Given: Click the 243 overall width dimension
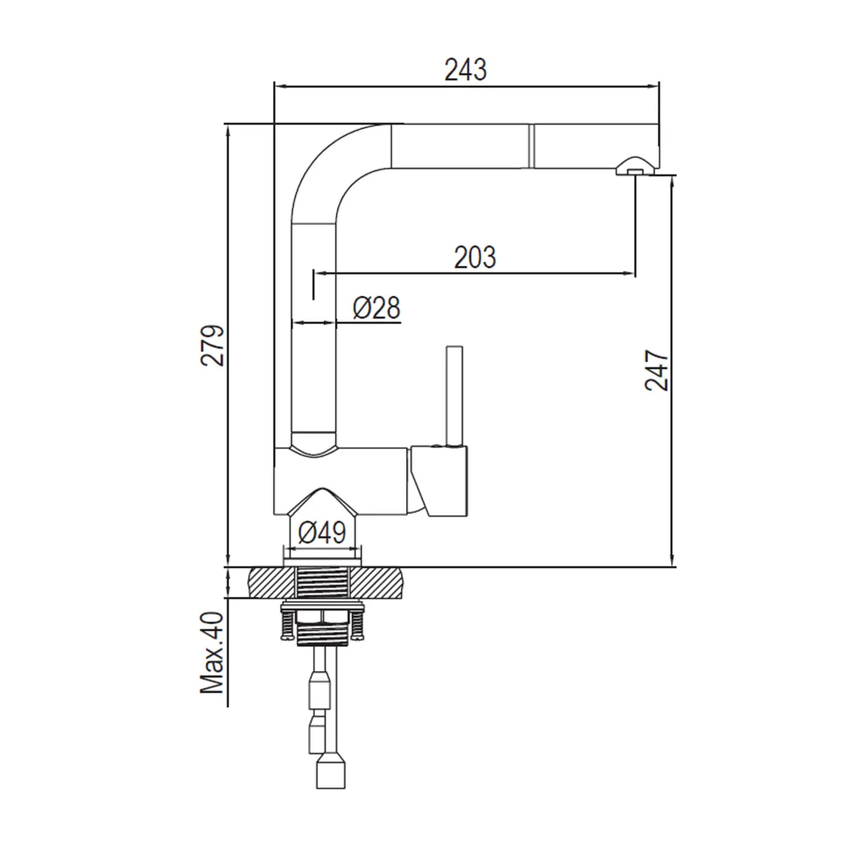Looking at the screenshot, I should coord(465,70).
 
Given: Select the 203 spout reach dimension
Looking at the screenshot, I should coord(474,257).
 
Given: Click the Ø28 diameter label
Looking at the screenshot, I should coord(376,308).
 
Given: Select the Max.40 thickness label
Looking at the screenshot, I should coord(212,652).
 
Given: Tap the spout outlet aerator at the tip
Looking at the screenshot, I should coord(632,168).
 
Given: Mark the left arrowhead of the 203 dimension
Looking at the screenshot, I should coord(319,272).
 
